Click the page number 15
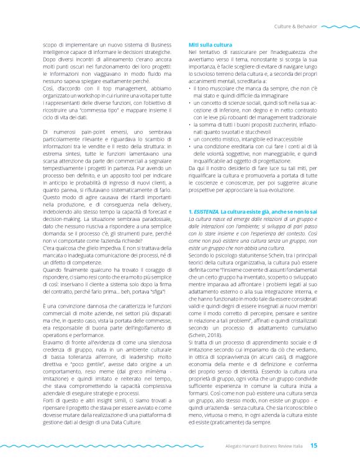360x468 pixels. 314,445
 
